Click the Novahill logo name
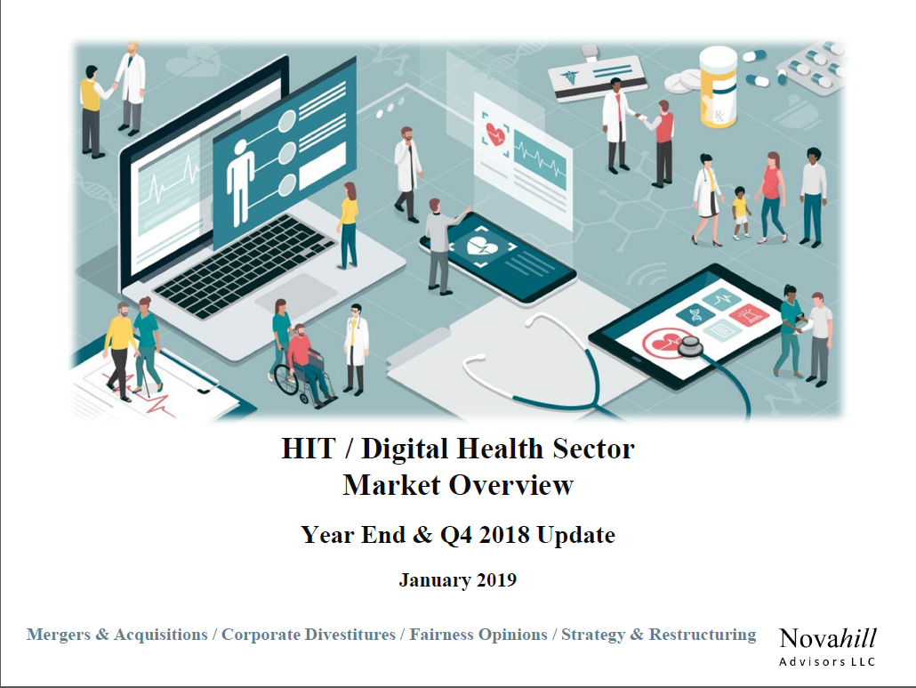pyautogui.click(x=828, y=638)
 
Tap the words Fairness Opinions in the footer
pyautogui.click(x=478, y=635)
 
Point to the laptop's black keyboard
pyautogui.click(x=245, y=265)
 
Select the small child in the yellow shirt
pyautogui.click(x=740, y=213)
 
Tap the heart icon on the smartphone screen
pyautogui.click(x=483, y=247)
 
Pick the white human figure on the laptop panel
pyautogui.click(x=239, y=182)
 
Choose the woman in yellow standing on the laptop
pyautogui.click(x=349, y=225)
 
